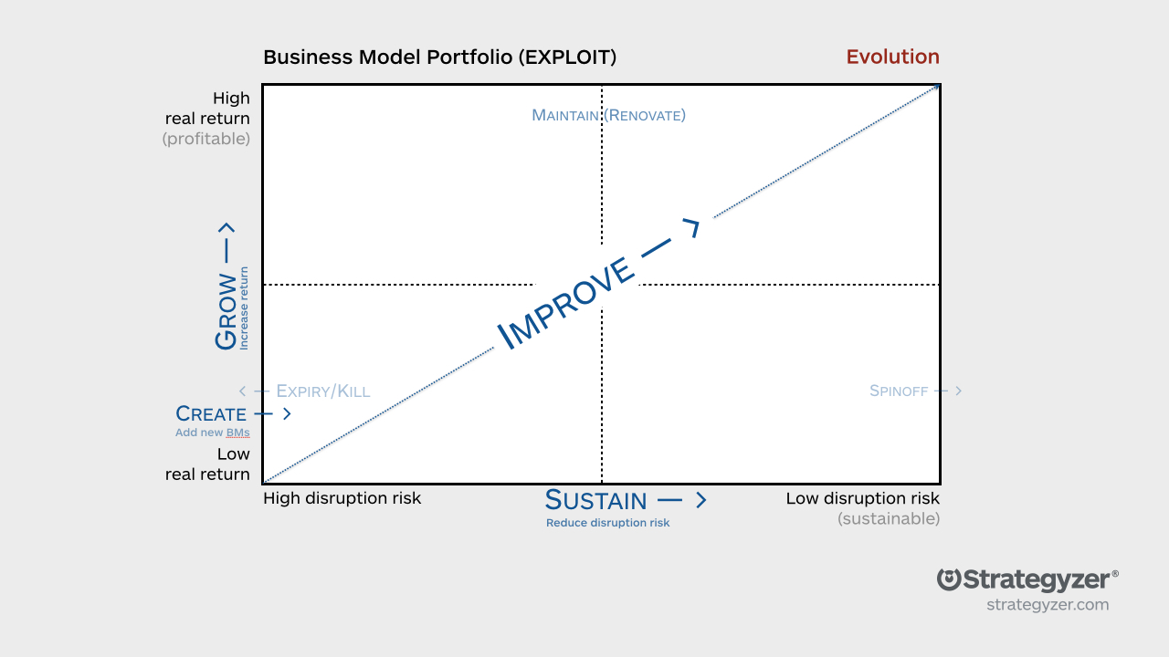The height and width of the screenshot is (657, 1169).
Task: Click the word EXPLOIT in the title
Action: [x=566, y=57]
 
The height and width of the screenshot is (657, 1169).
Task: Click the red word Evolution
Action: [x=892, y=57]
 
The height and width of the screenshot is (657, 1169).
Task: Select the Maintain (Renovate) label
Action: [x=608, y=115]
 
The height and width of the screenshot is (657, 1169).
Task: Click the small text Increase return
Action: [x=244, y=308]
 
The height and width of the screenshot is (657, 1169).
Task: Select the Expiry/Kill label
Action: [x=322, y=391]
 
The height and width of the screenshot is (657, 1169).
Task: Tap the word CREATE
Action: [x=211, y=414]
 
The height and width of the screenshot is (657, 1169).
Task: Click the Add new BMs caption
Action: [x=212, y=433]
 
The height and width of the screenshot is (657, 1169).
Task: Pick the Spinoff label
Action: [x=899, y=391]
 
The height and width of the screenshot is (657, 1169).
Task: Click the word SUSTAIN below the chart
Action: [x=595, y=500]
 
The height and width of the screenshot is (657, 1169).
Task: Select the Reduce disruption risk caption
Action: [x=607, y=523]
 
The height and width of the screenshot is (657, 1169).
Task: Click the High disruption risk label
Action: [x=342, y=498]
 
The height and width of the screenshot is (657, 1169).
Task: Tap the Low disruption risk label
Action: [x=862, y=498]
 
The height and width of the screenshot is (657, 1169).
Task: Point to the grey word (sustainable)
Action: [x=888, y=518]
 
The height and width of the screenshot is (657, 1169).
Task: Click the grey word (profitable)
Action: [x=205, y=139]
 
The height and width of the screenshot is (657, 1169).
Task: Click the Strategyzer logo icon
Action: [x=950, y=579]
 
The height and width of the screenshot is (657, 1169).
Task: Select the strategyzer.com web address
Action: [x=1047, y=604]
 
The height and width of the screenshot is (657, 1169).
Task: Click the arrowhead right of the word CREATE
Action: [x=287, y=414]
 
